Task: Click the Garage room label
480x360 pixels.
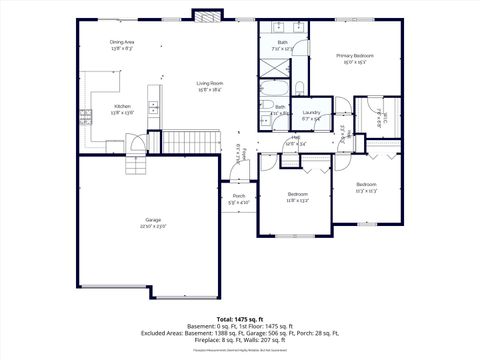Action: pyautogui.click(x=152, y=219)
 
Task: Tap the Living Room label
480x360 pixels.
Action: pyautogui.click(x=209, y=83)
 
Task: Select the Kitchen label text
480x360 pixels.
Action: pyautogui.click(x=121, y=105)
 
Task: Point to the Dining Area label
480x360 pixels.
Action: pyautogui.click(x=122, y=41)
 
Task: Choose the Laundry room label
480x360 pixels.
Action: pyautogui.click(x=311, y=113)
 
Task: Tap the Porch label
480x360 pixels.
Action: pyautogui.click(x=239, y=195)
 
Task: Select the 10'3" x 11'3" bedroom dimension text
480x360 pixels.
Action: pyautogui.click(x=367, y=190)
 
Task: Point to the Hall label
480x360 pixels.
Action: pyautogui.click(x=296, y=138)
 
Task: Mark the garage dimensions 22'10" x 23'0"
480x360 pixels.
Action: pyautogui.click(x=152, y=226)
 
